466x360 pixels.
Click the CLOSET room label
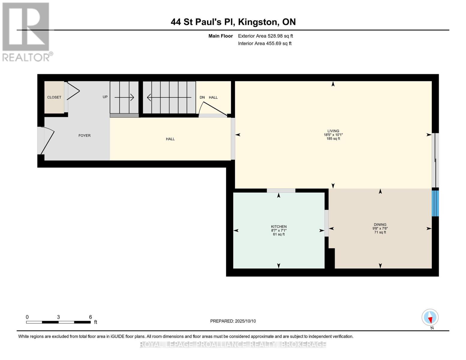[x=54, y=97]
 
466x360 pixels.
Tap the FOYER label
[x=85, y=136]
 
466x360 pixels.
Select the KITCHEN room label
[x=278, y=226]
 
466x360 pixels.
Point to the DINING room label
[x=380, y=225]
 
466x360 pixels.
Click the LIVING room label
[x=333, y=131]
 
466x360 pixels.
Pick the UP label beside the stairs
[x=105, y=97]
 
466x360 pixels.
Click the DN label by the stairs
[x=202, y=97]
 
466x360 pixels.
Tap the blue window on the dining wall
[x=435, y=203]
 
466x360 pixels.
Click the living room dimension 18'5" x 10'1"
[x=333, y=135]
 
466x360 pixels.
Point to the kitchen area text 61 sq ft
[x=279, y=234]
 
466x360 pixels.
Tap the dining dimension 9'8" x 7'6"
[x=380, y=229]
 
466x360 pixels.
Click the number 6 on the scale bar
[x=91, y=317]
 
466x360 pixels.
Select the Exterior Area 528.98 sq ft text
[x=266, y=36]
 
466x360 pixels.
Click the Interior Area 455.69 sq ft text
[x=265, y=43]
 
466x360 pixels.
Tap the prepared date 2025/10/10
[x=245, y=321]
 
